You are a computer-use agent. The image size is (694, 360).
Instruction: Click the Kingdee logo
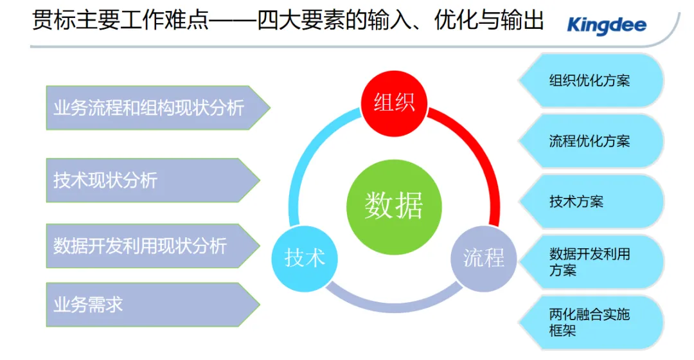pyautogui.click(x=606, y=26)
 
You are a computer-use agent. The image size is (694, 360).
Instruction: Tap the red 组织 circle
pyautogui.click(x=394, y=102)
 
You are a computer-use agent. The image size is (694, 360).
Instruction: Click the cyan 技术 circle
pyautogui.click(x=305, y=258)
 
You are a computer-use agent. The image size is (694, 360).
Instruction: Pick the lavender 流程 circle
pyautogui.click(x=484, y=258)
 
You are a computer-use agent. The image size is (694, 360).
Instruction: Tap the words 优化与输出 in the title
pyautogui.click(x=479, y=21)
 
